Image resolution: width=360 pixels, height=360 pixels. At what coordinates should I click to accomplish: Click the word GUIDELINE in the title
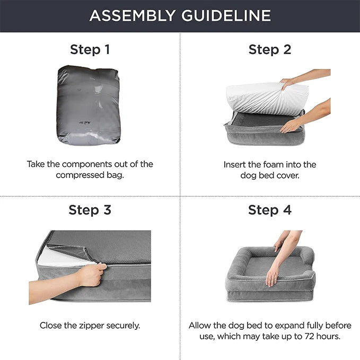pos(226,15)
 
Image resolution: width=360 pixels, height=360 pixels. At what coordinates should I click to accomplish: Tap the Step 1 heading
pos(90,50)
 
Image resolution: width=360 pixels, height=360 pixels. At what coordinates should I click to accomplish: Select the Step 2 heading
pos(270,50)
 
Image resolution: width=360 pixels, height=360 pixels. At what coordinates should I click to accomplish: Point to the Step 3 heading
pos(90,210)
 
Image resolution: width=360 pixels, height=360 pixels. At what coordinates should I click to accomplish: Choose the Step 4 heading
pos(270,210)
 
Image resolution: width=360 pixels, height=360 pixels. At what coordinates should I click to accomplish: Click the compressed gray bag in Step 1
pos(89,104)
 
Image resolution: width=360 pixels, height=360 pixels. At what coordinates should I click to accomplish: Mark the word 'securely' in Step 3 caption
pos(124,326)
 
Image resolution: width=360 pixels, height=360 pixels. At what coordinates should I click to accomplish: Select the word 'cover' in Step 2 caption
pos(287,175)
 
